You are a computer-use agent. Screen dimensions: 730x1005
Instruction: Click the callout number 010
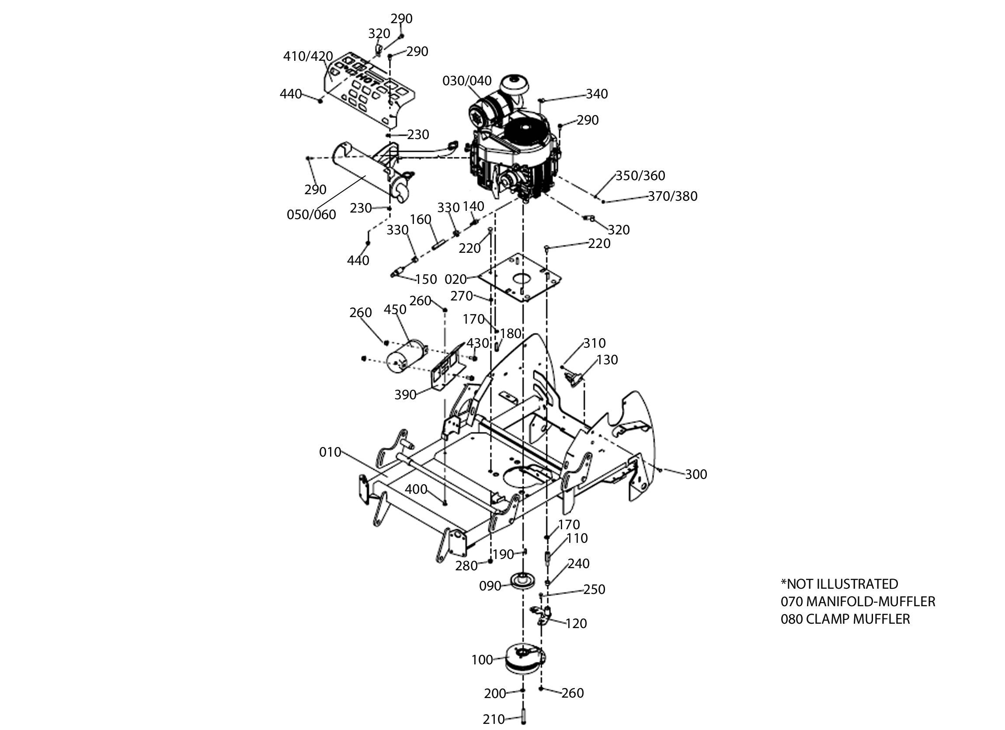tap(330, 452)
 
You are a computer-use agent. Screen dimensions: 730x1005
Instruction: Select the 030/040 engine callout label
tap(467, 81)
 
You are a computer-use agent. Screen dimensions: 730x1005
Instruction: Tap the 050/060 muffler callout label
tap(311, 215)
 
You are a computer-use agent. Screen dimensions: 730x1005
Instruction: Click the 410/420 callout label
tap(308, 56)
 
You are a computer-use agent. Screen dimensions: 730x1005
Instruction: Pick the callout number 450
tap(395, 310)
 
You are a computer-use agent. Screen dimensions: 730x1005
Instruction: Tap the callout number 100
tap(482, 660)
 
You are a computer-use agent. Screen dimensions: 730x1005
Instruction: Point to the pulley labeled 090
tap(523, 581)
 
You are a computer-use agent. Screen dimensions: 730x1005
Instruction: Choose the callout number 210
tap(494, 720)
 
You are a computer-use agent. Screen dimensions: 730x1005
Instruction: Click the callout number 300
tap(696, 475)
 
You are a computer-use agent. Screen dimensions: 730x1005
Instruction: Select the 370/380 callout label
tap(673, 196)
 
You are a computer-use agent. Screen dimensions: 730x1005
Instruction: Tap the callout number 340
tap(597, 94)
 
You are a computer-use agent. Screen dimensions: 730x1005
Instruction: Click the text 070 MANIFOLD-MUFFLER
tap(858, 601)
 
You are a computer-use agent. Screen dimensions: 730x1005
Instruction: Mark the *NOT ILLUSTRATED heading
tap(839, 583)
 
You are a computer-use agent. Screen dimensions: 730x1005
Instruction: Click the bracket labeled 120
tap(542, 615)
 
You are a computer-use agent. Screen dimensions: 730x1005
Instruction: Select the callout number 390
tap(406, 395)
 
